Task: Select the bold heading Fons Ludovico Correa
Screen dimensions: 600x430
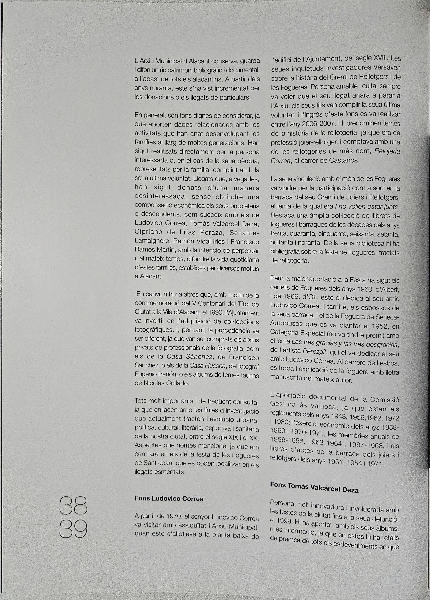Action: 169,498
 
